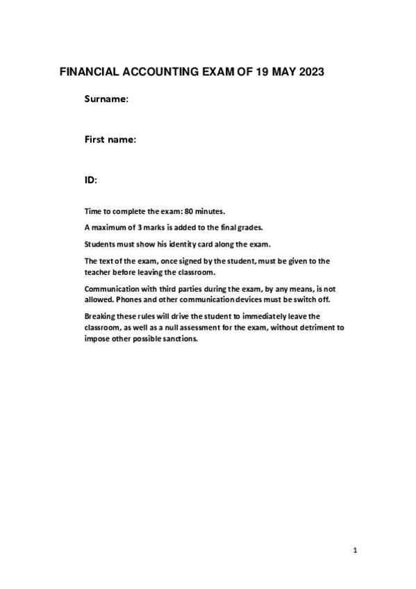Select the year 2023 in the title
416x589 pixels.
point(308,72)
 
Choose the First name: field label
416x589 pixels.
point(110,140)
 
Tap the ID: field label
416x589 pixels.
point(90,180)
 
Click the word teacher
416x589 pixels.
point(97,272)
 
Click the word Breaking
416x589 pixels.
point(101,317)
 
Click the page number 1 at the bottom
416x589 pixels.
point(355,552)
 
